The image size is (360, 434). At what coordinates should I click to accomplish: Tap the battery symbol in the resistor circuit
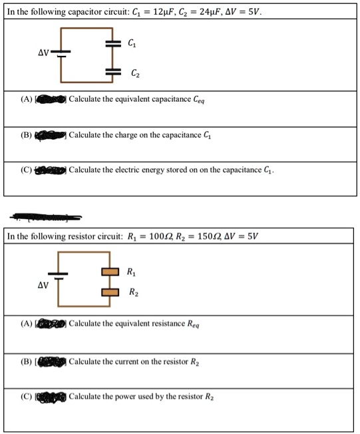tap(57, 276)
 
